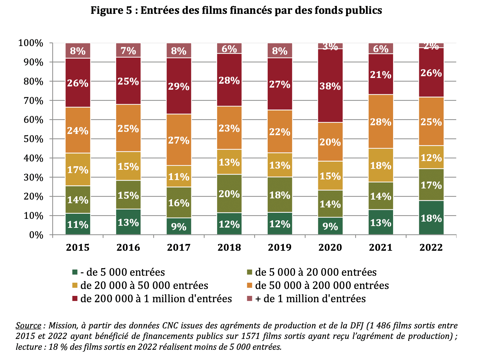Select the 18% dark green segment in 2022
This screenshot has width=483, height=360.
(x=431, y=218)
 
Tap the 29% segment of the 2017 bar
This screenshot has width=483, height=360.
(x=179, y=86)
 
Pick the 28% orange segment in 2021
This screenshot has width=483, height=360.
(x=381, y=122)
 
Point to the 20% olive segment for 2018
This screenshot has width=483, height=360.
(x=229, y=194)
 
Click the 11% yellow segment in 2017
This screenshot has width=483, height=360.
(x=179, y=176)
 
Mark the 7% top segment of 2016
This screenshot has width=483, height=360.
(x=128, y=50)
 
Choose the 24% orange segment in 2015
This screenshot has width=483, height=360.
(x=78, y=130)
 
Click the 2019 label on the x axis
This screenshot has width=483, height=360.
(x=280, y=247)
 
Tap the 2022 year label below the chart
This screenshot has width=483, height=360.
(x=431, y=247)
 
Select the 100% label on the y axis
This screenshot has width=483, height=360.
(x=31, y=43)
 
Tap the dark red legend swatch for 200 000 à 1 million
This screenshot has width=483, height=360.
(x=75, y=299)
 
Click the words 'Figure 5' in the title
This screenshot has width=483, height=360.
(x=111, y=11)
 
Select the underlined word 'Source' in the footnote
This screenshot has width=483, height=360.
(x=28, y=326)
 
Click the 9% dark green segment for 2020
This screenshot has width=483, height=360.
(x=330, y=226)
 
